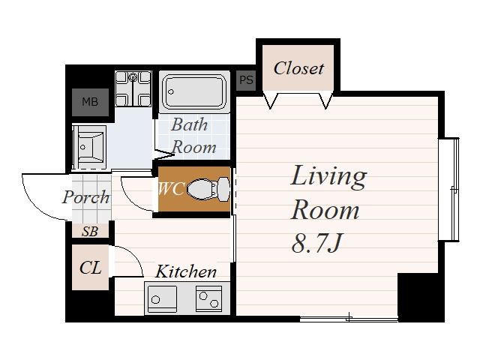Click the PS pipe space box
(246, 80)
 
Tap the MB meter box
(90, 102)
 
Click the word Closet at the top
(298, 68)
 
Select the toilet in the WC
(208, 189)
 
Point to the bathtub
(194, 91)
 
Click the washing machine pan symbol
(133, 88)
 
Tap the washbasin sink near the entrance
(89, 147)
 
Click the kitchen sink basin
(162, 299)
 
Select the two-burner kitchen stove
(208, 298)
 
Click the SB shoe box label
(90, 232)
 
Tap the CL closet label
(90, 268)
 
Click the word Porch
(86, 197)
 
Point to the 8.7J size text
(316, 243)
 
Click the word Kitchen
(186, 271)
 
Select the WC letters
(172, 189)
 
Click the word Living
(328, 177)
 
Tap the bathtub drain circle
(171, 91)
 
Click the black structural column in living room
(421, 297)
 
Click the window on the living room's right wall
(449, 190)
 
